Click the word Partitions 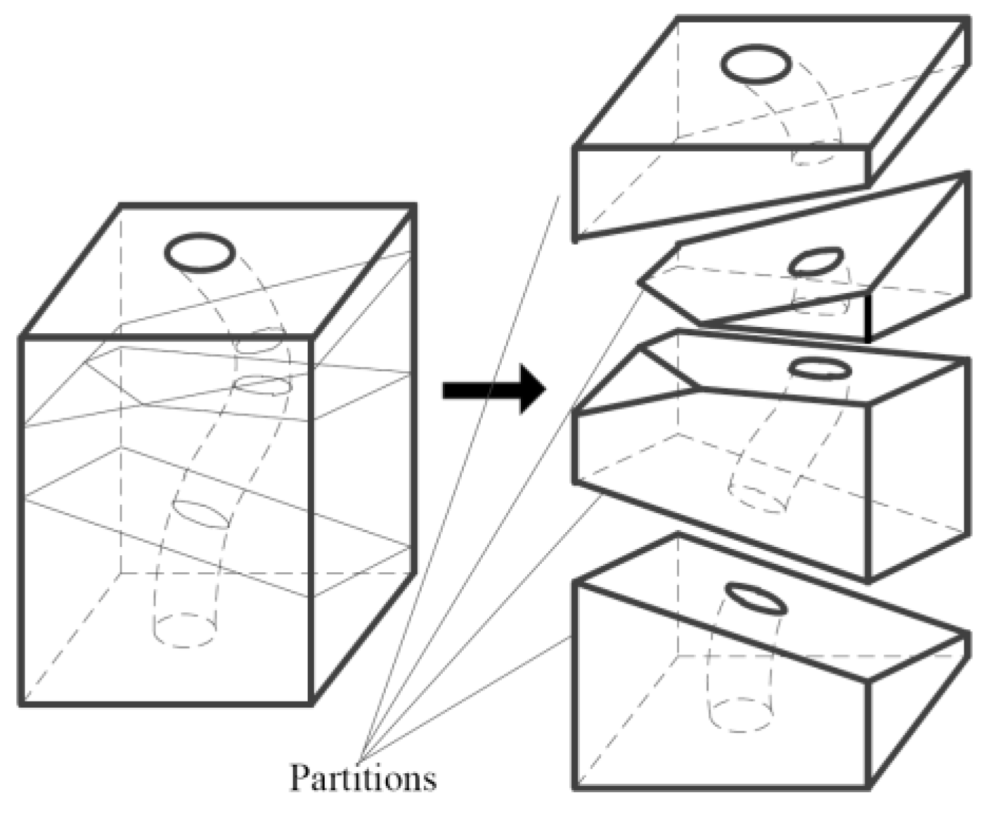pos(363,778)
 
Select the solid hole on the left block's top pos(200,252)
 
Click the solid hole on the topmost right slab pos(756,64)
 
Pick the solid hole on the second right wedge pos(815,261)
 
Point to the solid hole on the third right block pos(820,369)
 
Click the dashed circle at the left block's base pos(184,630)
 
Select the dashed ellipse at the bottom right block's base pos(742,716)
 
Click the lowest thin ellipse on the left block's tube pos(202,514)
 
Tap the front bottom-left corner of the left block pos(21,702)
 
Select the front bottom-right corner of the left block pos(311,702)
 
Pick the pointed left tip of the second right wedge pos(640,282)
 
